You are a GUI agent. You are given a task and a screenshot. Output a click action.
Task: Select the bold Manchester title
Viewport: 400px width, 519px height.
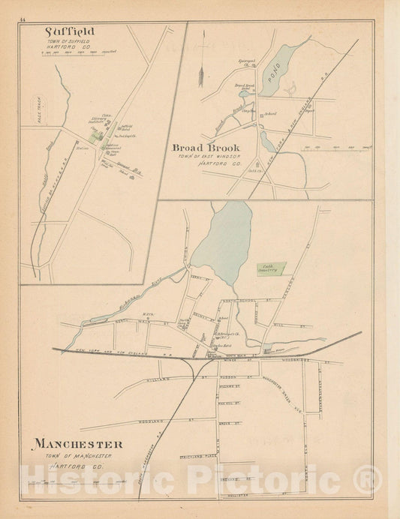coord(77,445)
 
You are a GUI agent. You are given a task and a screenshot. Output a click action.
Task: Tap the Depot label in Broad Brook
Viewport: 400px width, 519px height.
coord(308,111)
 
